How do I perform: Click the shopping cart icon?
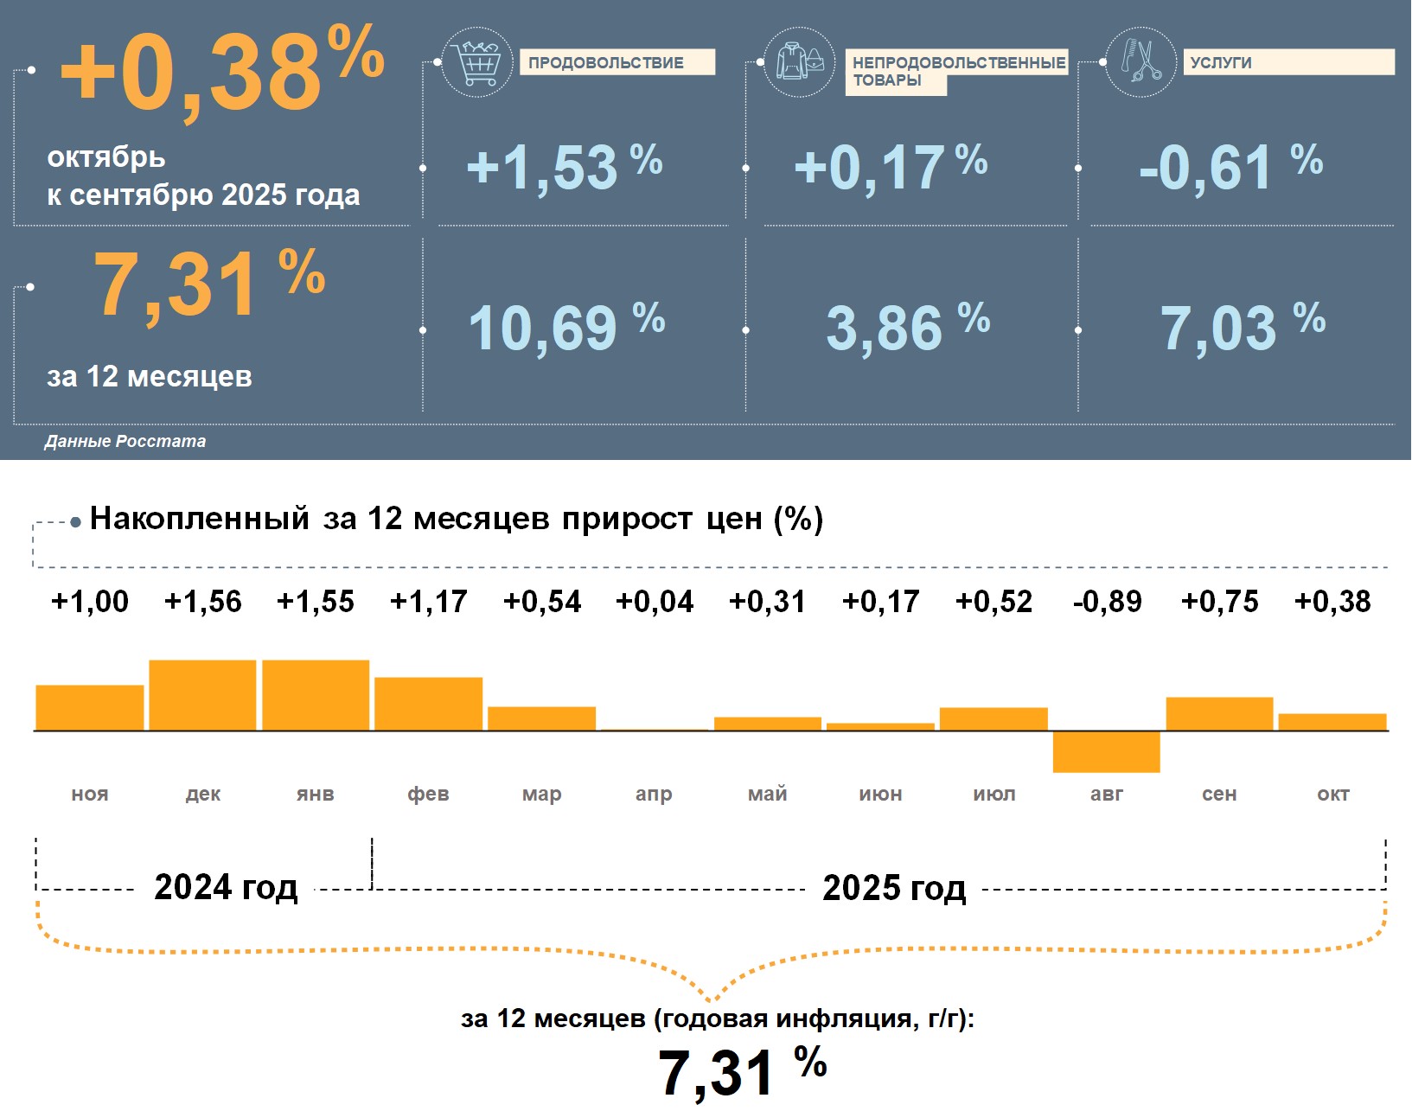tap(476, 62)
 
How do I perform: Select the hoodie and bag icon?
tap(800, 62)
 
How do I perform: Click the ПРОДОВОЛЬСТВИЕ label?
tap(606, 63)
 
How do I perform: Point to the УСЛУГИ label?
tap(1220, 63)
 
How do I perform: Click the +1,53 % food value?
tap(564, 167)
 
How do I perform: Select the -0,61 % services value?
tap(1230, 167)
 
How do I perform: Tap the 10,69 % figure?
tap(565, 328)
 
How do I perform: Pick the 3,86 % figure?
tap(907, 328)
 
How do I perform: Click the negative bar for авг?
tap(1107, 751)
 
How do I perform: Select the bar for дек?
tap(203, 695)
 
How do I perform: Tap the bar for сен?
tap(1219, 714)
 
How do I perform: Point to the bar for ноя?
tap(90, 708)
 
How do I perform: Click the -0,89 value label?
tap(1107, 602)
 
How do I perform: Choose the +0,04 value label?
tap(655, 602)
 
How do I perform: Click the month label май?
tap(768, 794)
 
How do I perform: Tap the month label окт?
tap(1332, 794)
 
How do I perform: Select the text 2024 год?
tap(226, 887)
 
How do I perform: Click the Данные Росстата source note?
tap(125, 441)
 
